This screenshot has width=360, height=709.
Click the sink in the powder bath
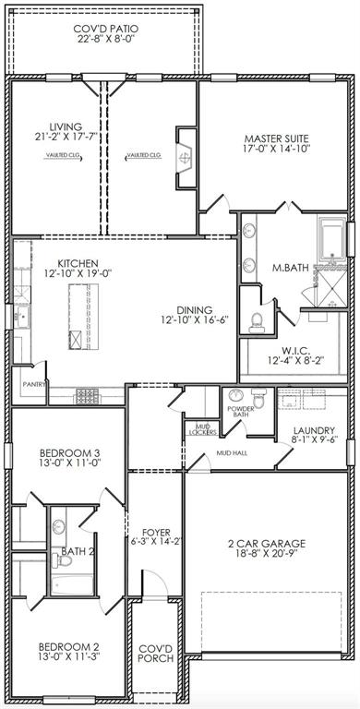point(234,397)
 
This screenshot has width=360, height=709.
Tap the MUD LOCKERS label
point(200,428)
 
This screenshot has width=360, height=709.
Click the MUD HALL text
point(230,454)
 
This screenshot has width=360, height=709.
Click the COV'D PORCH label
point(153,655)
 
